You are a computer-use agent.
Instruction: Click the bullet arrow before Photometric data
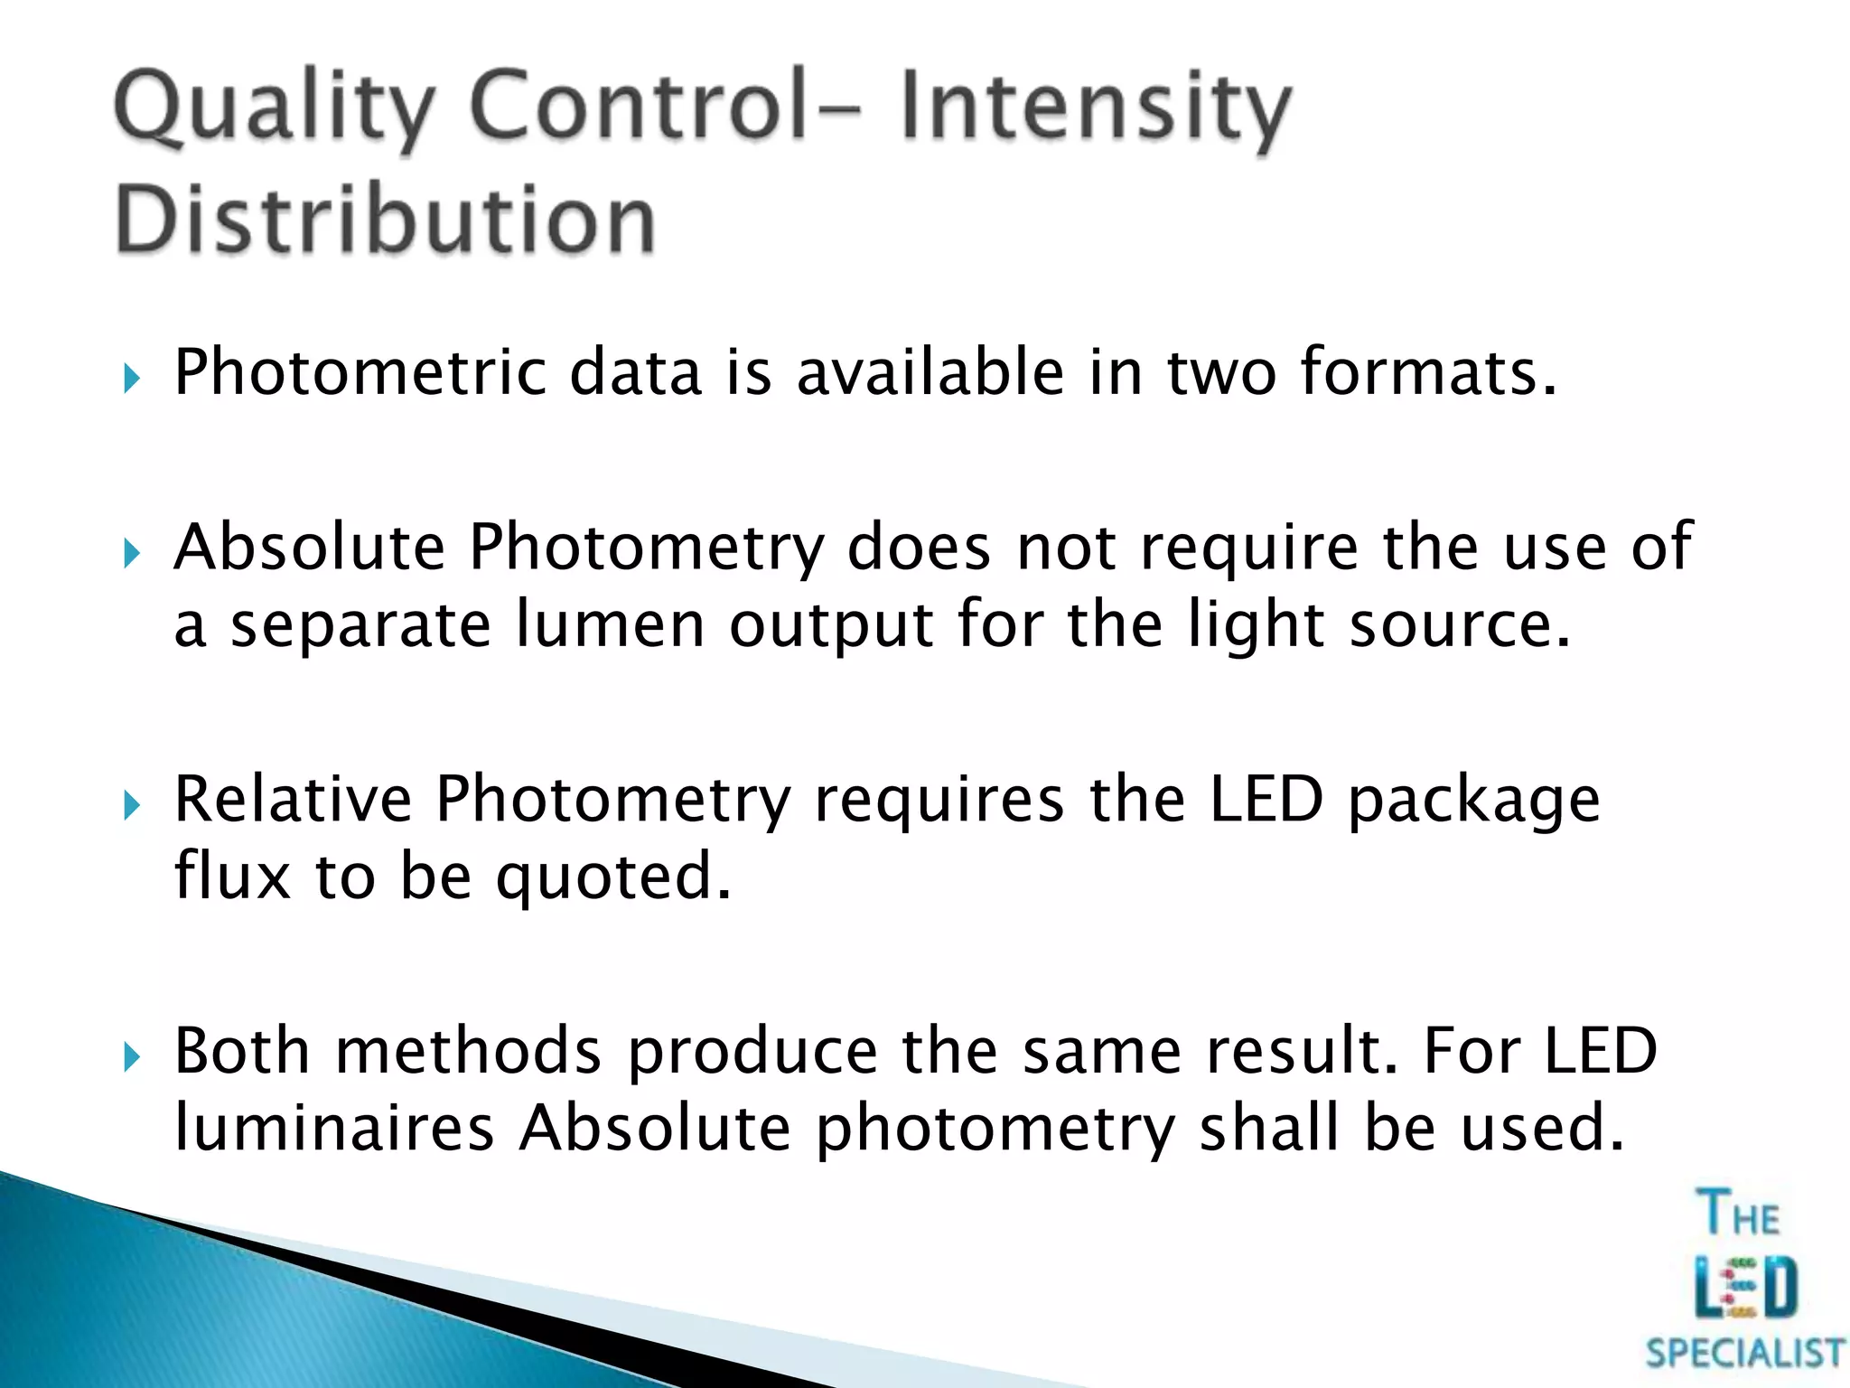pos(132,378)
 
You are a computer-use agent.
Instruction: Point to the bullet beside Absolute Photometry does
pos(132,553)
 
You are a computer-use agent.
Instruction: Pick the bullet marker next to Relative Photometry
pos(132,804)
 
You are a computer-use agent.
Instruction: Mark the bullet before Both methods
pos(132,1055)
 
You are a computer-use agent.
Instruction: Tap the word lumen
pos(610,624)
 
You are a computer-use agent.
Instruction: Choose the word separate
pos(360,624)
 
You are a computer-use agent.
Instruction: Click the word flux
pos(232,876)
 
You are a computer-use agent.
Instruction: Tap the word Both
pos(241,1050)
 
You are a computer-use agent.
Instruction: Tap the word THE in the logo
pos(1739,1214)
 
